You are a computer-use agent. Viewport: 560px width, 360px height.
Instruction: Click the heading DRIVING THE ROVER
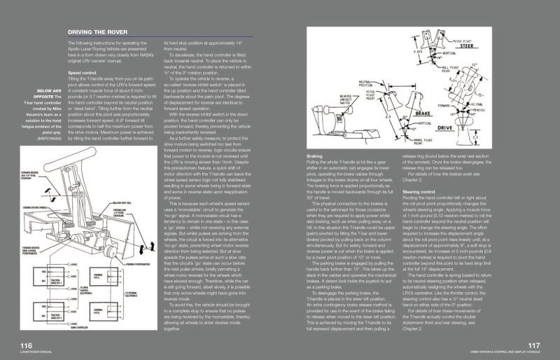point(97,32)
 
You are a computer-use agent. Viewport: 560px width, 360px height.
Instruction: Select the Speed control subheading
point(83,72)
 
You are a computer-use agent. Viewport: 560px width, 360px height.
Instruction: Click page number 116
point(26,345)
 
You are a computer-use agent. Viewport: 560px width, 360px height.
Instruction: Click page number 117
point(533,345)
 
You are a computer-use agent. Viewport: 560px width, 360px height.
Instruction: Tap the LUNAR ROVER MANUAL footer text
point(35,353)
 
